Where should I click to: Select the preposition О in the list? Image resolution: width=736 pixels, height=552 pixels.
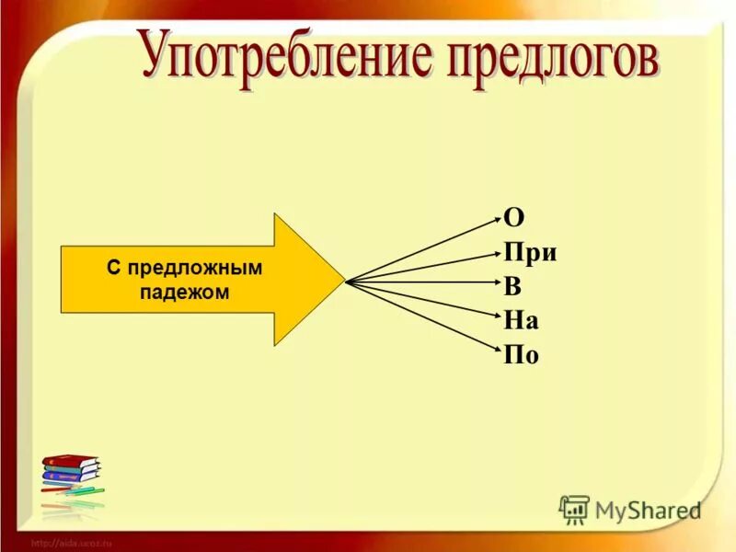[x=513, y=218]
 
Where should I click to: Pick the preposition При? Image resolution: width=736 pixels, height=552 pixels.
[x=531, y=253]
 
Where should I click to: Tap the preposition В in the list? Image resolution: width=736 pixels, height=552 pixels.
[x=512, y=286]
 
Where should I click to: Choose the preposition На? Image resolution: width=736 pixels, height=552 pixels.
[x=521, y=319]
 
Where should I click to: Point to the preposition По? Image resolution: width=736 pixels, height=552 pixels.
[x=521, y=353]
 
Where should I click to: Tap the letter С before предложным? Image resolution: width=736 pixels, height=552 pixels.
[x=112, y=268]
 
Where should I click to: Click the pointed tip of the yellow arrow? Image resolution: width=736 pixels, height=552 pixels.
[x=341, y=280]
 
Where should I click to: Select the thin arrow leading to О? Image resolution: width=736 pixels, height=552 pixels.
[x=423, y=248]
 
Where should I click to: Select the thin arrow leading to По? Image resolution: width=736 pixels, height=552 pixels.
[x=423, y=314]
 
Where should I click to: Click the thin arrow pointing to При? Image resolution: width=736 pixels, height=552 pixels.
[x=423, y=267]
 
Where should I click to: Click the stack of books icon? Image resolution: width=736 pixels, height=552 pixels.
[x=70, y=474]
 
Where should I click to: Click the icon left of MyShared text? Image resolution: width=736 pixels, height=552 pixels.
[x=574, y=509]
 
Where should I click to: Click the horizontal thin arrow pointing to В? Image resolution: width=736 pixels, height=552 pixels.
[x=423, y=282]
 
